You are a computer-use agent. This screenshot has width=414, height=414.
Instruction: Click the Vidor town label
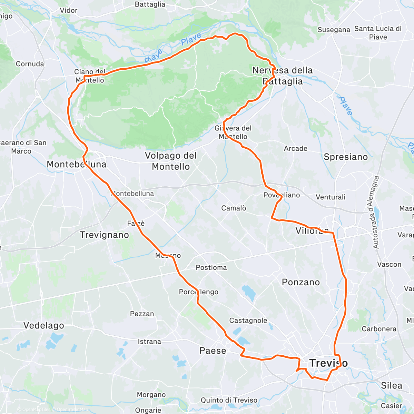tap(69, 10)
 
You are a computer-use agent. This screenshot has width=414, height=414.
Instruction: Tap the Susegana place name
tap(334, 30)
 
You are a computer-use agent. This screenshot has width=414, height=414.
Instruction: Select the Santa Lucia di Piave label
tap(378, 33)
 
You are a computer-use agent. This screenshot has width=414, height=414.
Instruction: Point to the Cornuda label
tap(30, 64)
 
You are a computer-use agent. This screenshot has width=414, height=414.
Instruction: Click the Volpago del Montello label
tap(171, 161)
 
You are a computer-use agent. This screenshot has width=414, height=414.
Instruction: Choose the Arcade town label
tap(295, 148)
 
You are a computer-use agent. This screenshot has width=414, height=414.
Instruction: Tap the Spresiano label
tap(346, 157)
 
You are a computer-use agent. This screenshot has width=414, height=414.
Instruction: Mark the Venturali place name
tap(331, 197)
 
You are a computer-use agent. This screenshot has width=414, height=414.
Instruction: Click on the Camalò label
tap(234, 208)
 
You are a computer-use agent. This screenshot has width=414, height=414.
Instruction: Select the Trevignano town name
tap(104, 235)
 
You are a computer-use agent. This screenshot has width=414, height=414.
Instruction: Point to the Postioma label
tap(211, 267)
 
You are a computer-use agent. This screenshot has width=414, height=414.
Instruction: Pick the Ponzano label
tap(301, 282)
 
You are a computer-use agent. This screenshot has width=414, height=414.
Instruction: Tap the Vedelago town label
tap(44, 325)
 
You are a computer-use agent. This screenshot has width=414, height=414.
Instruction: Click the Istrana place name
tap(149, 342)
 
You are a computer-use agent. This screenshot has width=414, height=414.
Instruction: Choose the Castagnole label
tap(248, 321)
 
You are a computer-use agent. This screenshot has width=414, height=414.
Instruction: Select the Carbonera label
tap(379, 329)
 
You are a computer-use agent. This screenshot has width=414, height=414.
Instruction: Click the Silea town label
tap(392, 385)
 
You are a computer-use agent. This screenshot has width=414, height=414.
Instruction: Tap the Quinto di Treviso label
tap(229, 400)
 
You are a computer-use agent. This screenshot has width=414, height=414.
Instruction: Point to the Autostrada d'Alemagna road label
tap(376, 212)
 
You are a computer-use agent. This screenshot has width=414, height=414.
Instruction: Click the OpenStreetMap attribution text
tap(72, 410)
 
